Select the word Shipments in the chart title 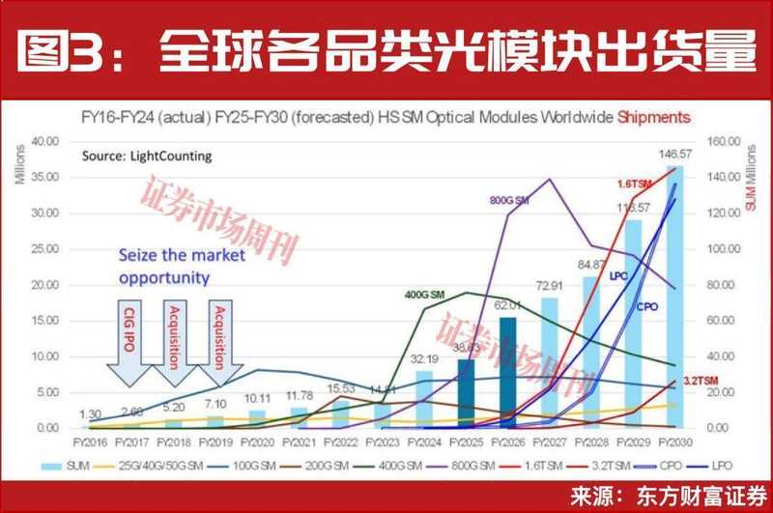pyautogui.click(x=657, y=117)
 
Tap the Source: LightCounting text pyautogui.click(x=133, y=155)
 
